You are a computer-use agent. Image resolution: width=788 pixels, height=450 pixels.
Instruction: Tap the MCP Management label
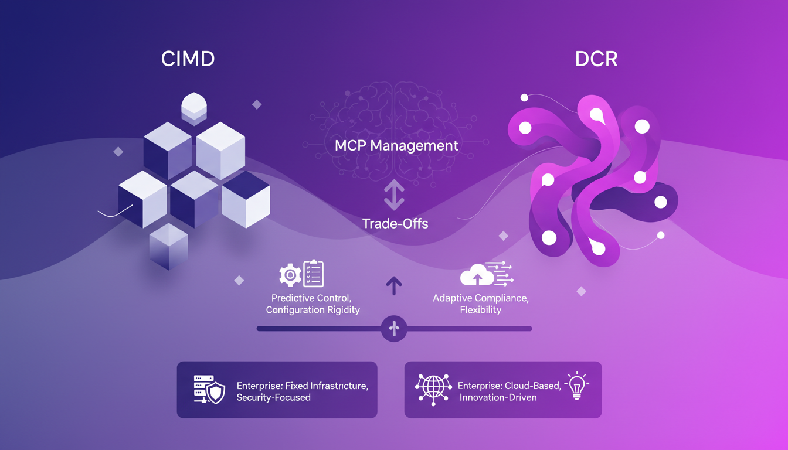[396, 145]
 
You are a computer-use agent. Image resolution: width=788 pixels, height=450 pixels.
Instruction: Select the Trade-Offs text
[395, 223]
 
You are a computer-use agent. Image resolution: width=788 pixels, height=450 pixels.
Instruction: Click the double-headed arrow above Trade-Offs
[393, 195]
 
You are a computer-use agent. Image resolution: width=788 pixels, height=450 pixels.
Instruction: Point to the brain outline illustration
[394, 117]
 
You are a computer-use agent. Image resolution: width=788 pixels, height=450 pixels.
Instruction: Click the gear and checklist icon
[301, 274]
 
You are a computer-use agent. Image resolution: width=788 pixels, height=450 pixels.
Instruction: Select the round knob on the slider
[394, 329]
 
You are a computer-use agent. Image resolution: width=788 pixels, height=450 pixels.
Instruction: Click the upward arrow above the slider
[394, 286]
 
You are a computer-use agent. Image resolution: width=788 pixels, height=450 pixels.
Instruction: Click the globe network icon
[433, 388]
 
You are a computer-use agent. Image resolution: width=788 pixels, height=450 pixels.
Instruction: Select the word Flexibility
[481, 310]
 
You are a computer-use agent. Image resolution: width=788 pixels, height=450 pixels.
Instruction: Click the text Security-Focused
[273, 397]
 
